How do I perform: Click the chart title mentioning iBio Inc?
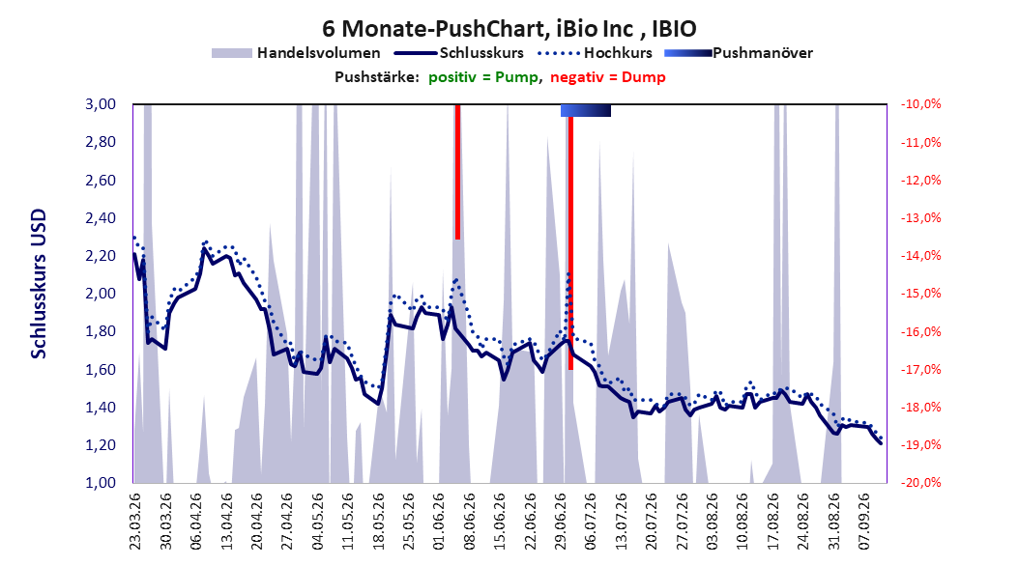tap(509, 29)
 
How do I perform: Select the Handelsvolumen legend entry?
tap(296, 53)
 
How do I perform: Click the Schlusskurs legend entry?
tap(459, 53)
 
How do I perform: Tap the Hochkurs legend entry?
tap(595, 53)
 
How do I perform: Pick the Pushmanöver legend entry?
tap(739, 53)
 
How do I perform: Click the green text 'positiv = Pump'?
tap(482, 77)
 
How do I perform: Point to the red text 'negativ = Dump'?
tap(608, 77)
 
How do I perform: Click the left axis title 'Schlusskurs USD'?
tap(39, 284)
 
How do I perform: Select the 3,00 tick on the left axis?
tap(101, 104)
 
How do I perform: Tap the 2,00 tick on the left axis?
tap(101, 294)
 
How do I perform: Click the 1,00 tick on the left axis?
tap(101, 482)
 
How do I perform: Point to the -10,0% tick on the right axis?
tap(920, 104)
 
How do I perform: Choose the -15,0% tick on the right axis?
tap(920, 294)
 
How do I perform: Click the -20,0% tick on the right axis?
tap(920, 482)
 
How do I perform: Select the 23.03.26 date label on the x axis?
tap(135, 522)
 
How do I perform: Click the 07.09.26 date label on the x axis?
tap(863, 522)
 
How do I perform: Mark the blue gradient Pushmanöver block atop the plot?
tap(586, 110)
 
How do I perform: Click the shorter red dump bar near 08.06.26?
tap(457, 172)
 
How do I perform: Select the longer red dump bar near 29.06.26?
tap(570, 243)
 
